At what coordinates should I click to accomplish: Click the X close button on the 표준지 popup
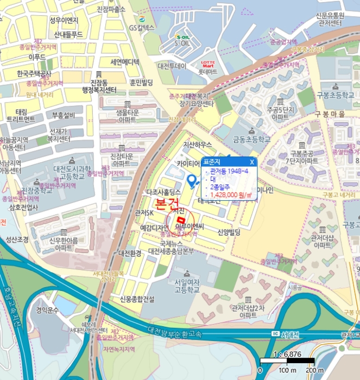(x=252, y=162)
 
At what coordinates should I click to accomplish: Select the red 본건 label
(x=166, y=205)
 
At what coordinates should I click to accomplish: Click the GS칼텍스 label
(x=142, y=27)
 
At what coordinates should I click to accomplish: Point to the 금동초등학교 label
(x=251, y=139)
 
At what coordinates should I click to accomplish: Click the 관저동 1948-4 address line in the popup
(x=229, y=171)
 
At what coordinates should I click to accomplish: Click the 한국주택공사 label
(x=34, y=74)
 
